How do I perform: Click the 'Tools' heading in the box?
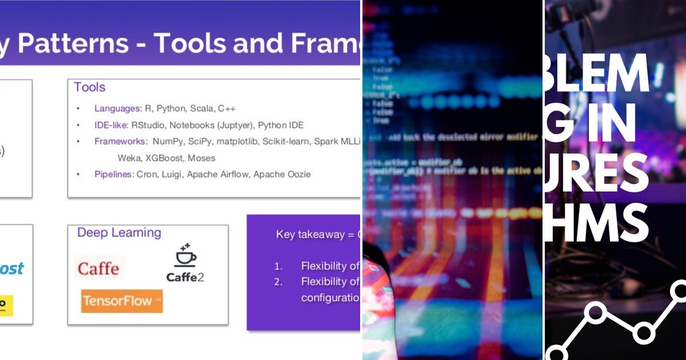pyautogui.click(x=90, y=87)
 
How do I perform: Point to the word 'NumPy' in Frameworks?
pyautogui.click(x=166, y=141)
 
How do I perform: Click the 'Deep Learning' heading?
pyautogui.click(x=119, y=233)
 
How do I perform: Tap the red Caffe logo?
pyautogui.click(x=98, y=268)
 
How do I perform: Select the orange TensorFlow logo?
pyautogui.click(x=122, y=301)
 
